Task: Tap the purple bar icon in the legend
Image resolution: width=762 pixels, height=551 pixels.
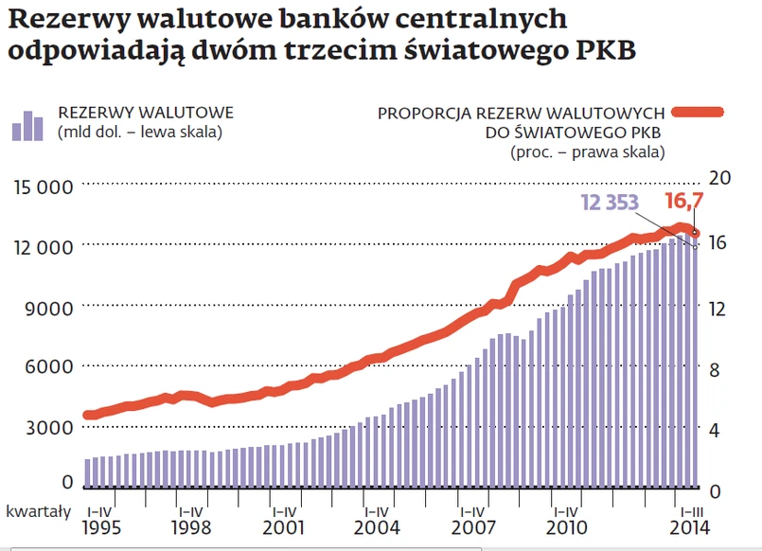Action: tap(27, 126)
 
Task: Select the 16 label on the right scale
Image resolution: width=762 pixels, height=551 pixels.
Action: tap(719, 242)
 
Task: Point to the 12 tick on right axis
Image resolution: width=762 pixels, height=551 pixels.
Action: tap(719, 307)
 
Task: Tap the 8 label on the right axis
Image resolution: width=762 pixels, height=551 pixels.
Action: tap(716, 369)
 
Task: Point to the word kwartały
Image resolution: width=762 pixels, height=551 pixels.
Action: tap(38, 511)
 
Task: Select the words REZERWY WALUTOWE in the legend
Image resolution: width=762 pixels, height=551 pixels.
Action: tap(145, 114)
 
